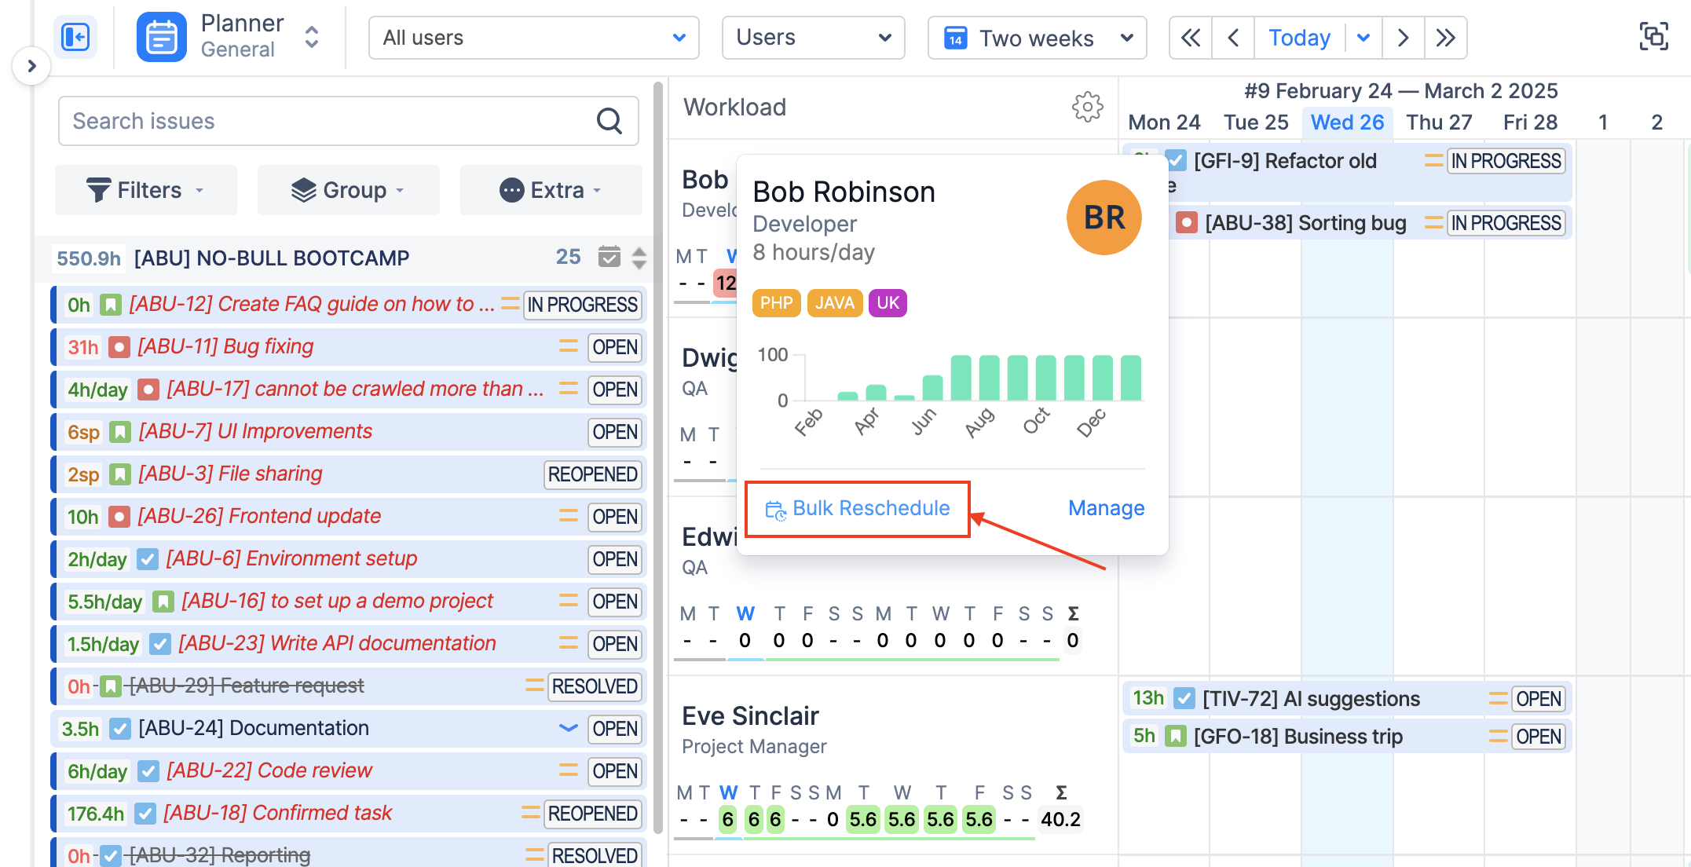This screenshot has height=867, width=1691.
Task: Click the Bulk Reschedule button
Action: click(858, 509)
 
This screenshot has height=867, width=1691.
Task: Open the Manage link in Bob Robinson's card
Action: click(1106, 508)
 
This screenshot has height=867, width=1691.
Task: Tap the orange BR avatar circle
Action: click(1104, 218)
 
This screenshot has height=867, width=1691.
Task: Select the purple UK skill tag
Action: click(888, 303)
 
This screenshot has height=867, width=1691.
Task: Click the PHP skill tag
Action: click(776, 303)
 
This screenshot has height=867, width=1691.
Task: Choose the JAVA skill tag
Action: click(834, 303)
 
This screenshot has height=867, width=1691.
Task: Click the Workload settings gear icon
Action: click(1087, 107)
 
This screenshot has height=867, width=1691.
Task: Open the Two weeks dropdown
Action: click(1037, 38)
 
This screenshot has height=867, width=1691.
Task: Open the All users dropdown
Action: click(533, 38)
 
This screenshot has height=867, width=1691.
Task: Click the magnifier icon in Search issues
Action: click(609, 121)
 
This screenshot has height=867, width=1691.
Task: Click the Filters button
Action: click(145, 190)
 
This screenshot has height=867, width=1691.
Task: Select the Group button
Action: click(348, 190)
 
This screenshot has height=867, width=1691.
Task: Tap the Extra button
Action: click(551, 190)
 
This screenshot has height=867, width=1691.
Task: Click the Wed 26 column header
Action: click(1347, 123)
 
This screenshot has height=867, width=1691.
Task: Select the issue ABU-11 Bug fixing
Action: click(225, 346)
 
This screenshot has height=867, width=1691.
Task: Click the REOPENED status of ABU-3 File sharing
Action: click(592, 474)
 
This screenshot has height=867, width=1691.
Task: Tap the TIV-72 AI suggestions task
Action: click(1311, 698)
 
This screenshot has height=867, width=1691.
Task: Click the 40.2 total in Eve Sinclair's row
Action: click(1060, 819)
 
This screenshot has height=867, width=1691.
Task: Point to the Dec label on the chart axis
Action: click(1091, 423)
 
